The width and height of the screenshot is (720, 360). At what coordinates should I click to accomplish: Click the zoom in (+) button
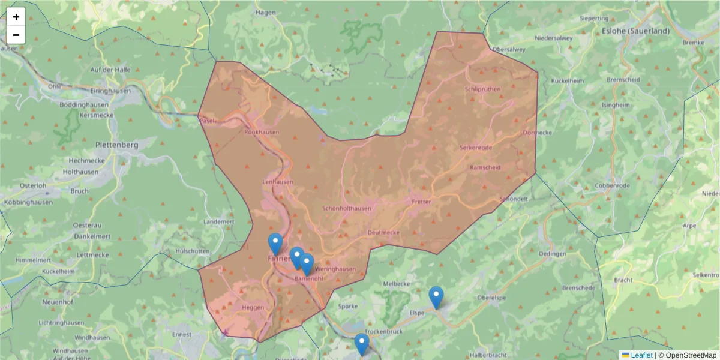pyautogui.click(x=16, y=17)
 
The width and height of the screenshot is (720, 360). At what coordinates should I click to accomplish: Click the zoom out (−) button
pyautogui.click(x=16, y=35)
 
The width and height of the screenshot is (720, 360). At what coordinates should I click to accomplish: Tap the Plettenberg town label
pyautogui.click(x=117, y=145)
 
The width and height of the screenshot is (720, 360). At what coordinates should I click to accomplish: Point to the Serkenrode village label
pyautogui.click(x=476, y=148)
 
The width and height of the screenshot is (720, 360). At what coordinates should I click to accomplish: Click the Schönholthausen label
pyautogui.click(x=347, y=209)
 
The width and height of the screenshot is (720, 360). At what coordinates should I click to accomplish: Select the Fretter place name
pyautogui.click(x=421, y=202)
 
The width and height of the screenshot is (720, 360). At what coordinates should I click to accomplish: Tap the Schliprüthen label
pyautogui.click(x=482, y=89)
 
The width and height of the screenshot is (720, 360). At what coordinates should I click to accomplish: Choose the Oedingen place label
pyautogui.click(x=553, y=254)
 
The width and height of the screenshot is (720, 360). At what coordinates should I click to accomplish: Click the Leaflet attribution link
pyautogui.click(x=641, y=355)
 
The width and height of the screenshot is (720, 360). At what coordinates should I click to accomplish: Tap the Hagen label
pyautogui.click(x=265, y=13)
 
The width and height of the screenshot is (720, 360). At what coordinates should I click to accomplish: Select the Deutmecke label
pyautogui.click(x=383, y=232)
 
